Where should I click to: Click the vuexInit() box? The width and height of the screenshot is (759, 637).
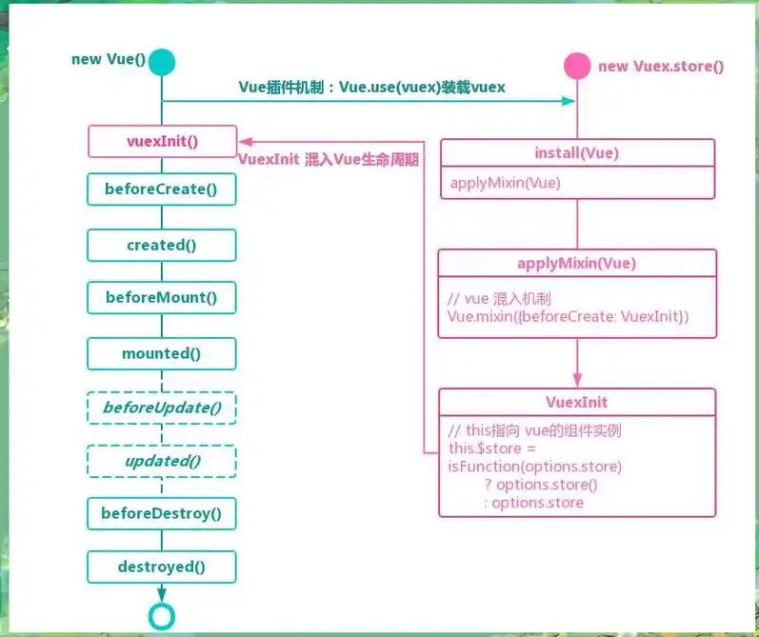(x=162, y=142)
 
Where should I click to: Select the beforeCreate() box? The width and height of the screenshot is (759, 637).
(x=162, y=189)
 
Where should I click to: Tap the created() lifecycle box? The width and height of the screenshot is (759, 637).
(x=162, y=245)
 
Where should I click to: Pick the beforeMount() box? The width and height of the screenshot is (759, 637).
(x=162, y=298)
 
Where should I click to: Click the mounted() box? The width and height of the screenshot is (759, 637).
(x=162, y=353)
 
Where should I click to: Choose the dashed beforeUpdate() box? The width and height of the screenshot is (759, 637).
(x=162, y=408)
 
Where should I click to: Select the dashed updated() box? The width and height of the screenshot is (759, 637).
(x=162, y=461)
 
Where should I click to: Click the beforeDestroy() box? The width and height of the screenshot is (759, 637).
(x=162, y=514)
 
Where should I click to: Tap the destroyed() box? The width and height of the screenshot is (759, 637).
(x=162, y=567)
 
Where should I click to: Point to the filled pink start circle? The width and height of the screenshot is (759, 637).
(x=577, y=66)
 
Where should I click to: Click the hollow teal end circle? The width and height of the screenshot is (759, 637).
(x=162, y=616)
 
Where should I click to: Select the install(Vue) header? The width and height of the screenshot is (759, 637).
(x=577, y=153)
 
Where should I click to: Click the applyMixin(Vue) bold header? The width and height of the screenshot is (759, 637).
(x=577, y=263)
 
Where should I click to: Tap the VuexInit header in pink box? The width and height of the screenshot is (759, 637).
(x=577, y=402)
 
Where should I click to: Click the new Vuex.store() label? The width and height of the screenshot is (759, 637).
(x=661, y=67)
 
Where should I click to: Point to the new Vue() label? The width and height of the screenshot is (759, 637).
(x=109, y=60)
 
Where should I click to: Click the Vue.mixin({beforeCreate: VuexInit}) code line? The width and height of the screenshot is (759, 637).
(x=568, y=315)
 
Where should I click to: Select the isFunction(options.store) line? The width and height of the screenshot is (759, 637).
(x=534, y=467)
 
